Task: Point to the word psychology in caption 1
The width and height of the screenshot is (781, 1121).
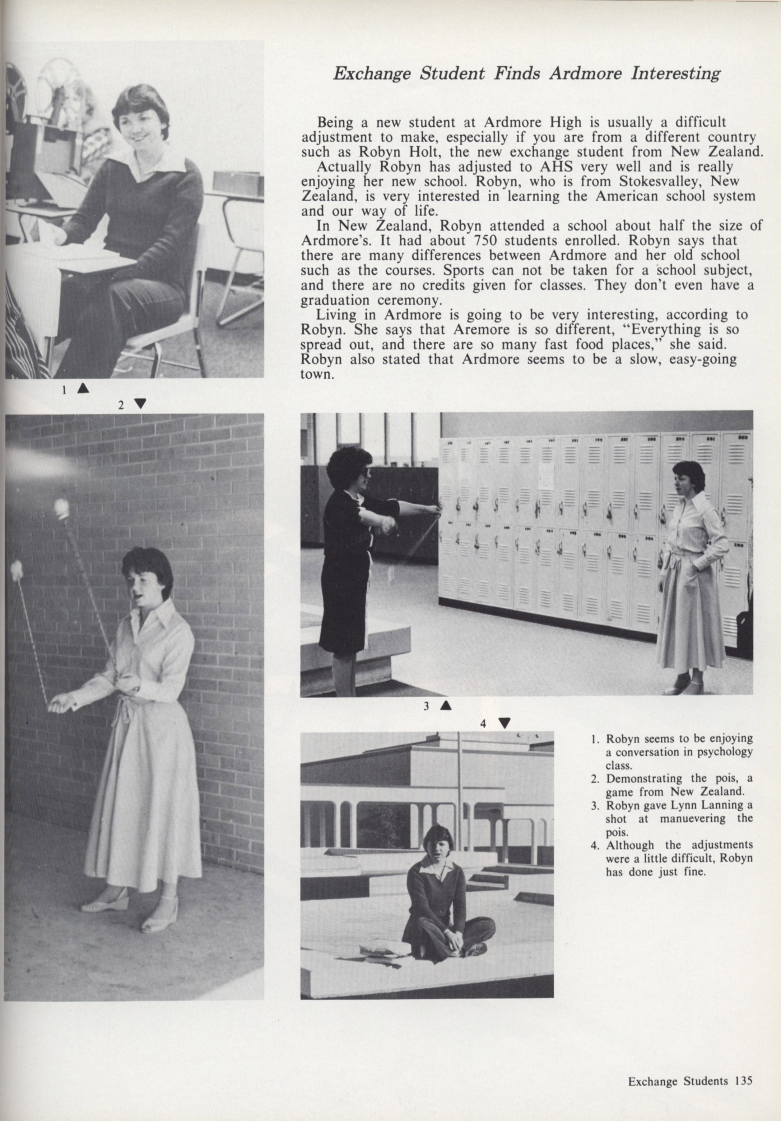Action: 728,752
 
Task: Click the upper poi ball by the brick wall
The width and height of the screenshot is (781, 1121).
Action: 61,508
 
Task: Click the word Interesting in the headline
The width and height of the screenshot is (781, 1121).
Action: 675,74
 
